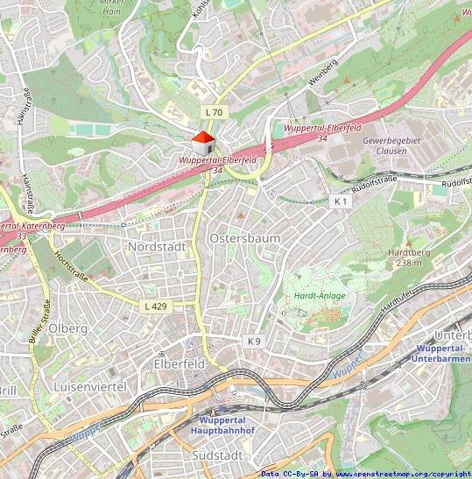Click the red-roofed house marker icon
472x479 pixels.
pos(202,144)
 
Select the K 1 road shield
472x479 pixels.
pos(341,201)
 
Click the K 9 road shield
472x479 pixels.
pos(254,340)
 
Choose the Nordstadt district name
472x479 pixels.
pos(157,247)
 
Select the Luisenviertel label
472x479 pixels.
pos(89,386)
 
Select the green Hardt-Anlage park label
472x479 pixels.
pos(313,296)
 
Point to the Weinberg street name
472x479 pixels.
pos(322,74)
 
